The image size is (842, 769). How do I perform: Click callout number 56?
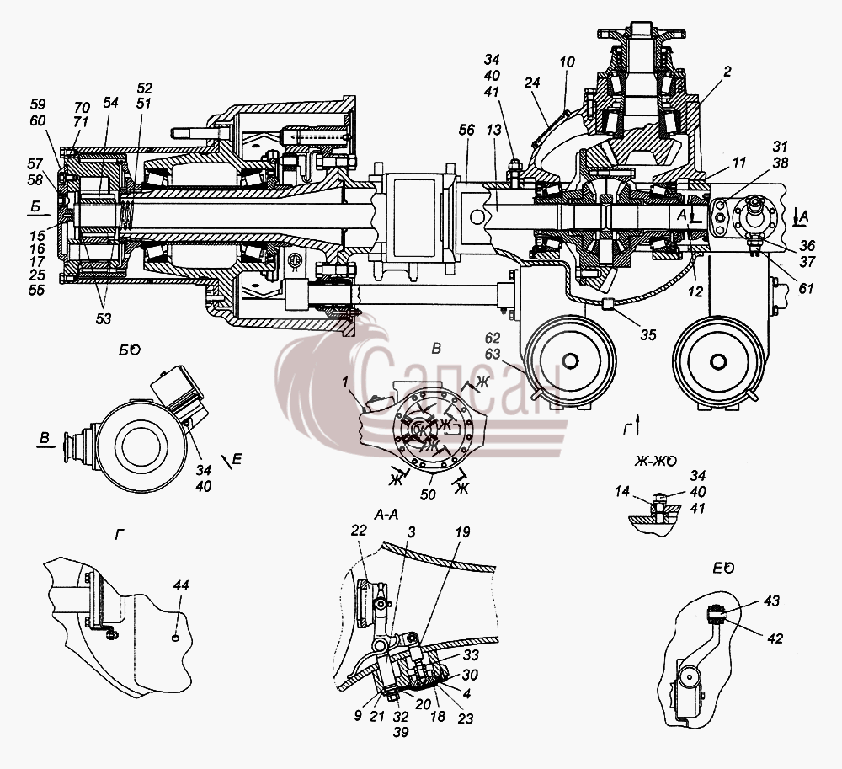click(466, 130)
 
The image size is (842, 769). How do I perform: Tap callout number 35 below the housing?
click(648, 334)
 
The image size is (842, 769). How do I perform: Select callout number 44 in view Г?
click(181, 585)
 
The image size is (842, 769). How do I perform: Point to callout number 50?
click(428, 494)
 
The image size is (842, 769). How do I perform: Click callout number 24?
click(531, 83)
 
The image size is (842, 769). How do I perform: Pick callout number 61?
click(806, 288)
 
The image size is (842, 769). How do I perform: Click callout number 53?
click(103, 318)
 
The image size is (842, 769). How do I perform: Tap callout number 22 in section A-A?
click(359, 531)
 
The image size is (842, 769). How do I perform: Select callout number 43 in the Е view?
click(771, 601)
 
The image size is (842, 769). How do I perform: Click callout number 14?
click(622, 491)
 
